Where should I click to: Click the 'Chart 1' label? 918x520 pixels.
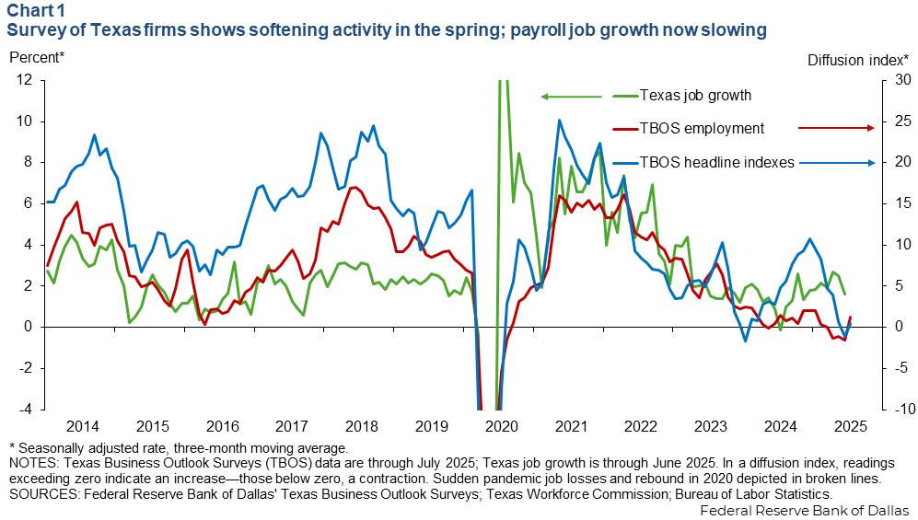point(34,11)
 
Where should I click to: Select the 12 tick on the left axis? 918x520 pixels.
point(25,80)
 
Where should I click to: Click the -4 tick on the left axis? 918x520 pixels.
point(25,409)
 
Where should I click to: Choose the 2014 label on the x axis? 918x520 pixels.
point(83,426)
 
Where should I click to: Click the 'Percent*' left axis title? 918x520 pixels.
point(37,58)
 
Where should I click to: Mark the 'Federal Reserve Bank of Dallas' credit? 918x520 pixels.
point(804,510)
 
